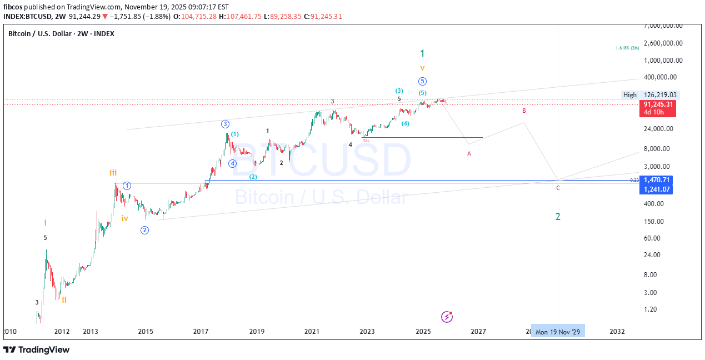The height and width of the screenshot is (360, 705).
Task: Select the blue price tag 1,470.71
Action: coord(657,180)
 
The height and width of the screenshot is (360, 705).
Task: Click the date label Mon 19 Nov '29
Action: coord(558,332)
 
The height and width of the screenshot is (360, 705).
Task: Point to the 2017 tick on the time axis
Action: coord(201,332)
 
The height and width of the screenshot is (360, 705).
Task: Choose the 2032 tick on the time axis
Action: coord(617,332)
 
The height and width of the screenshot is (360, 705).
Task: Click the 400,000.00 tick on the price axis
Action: coord(661,77)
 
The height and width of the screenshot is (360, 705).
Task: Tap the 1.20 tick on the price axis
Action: coord(652,309)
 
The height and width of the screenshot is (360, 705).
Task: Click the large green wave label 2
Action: coord(558,217)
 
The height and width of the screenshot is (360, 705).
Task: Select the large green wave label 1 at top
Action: coord(422,53)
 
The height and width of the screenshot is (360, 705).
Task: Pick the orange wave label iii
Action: coord(113,173)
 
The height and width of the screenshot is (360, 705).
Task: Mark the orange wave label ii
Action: coord(64,300)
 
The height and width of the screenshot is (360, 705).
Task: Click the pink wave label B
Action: coord(524,111)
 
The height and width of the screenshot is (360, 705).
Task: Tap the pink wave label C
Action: coord(558,188)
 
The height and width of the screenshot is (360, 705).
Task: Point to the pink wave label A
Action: coord(469,153)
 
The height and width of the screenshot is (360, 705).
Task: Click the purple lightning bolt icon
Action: coord(447,317)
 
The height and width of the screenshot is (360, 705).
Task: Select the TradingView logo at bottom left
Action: coord(37,349)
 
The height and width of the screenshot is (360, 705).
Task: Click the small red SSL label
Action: coord(366,141)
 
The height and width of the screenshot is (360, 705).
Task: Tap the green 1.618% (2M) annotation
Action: coord(627,48)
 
